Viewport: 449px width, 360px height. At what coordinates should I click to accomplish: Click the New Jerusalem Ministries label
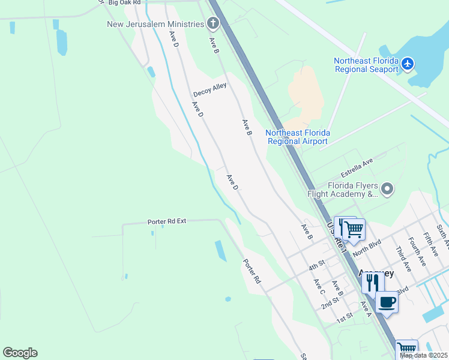point(155,24)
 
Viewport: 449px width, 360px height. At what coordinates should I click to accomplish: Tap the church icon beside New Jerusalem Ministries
point(212,24)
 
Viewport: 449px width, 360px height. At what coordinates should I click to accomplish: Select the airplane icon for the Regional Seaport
point(408,63)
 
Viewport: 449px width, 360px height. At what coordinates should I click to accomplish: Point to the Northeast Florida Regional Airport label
point(298,137)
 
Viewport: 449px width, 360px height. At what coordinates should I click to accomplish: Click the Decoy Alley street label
point(210,91)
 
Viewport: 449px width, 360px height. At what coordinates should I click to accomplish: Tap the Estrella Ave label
point(357,165)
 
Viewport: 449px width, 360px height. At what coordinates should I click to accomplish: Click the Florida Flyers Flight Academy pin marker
point(387,190)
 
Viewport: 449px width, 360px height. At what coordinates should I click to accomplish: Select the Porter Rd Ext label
point(167,221)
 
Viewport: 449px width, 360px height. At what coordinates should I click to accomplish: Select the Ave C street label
point(319,286)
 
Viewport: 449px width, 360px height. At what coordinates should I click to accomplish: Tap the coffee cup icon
point(387,302)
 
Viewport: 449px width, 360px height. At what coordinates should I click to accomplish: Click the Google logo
point(20,353)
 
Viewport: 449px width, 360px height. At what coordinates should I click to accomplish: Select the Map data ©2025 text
point(423,355)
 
